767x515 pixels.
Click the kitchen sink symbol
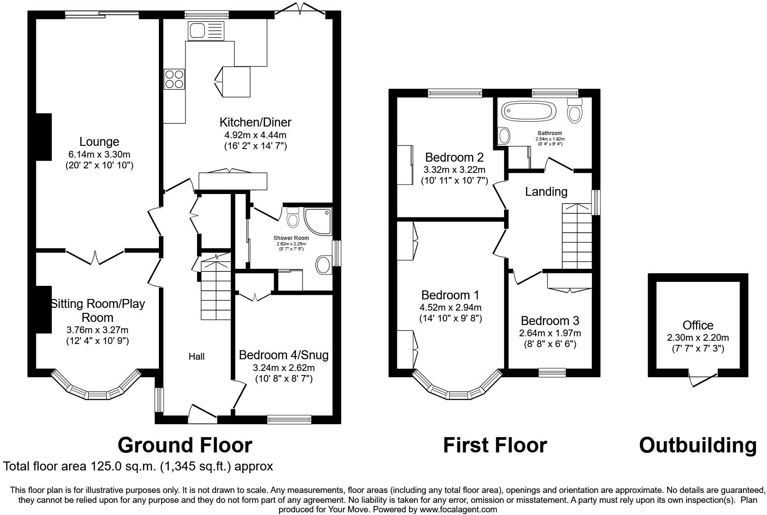(x=205, y=31)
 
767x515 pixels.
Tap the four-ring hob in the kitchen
(x=174, y=79)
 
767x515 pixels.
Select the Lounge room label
(x=99, y=142)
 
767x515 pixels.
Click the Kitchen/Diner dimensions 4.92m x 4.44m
(x=255, y=135)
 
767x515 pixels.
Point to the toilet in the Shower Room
(x=293, y=217)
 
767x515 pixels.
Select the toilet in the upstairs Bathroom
(x=575, y=110)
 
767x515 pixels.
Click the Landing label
(x=546, y=192)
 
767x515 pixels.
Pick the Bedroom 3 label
(x=550, y=321)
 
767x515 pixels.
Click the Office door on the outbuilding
(x=703, y=379)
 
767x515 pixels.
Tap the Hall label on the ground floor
(x=196, y=357)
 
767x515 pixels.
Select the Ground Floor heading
(x=185, y=445)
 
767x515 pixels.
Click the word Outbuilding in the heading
(x=697, y=445)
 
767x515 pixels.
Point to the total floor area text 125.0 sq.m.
(x=138, y=466)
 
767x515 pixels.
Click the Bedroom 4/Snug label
(x=284, y=355)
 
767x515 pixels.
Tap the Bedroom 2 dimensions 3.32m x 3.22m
(x=454, y=170)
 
